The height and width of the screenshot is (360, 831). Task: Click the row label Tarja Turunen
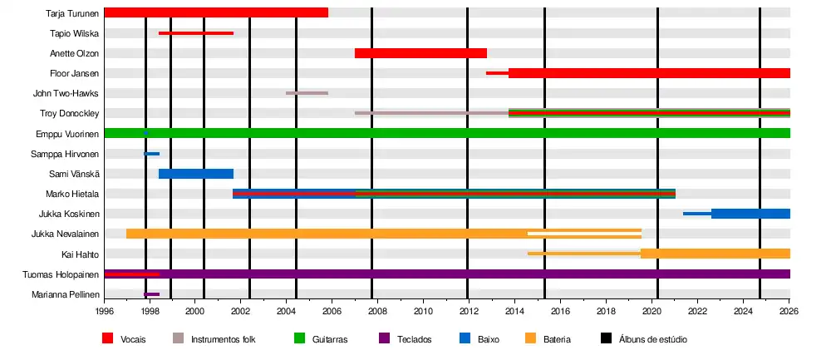click(x=73, y=13)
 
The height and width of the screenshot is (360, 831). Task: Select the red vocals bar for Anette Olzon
click(x=420, y=53)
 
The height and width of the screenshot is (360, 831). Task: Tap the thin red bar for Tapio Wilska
click(x=196, y=33)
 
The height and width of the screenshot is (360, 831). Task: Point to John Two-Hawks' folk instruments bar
click(x=307, y=93)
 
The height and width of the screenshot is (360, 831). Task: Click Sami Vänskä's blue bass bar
click(x=196, y=174)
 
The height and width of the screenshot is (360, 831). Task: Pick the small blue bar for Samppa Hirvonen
click(x=152, y=154)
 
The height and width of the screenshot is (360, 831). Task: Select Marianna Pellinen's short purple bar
click(x=151, y=294)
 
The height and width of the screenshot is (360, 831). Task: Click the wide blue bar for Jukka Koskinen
click(x=750, y=214)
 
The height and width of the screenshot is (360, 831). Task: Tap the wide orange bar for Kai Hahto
click(x=715, y=254)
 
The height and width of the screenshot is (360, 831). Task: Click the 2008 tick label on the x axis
click(x=378, y=313)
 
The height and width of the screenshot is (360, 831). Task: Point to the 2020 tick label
click(x=652, y=313)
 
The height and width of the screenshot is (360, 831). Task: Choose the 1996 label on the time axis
click(x=105, y=313)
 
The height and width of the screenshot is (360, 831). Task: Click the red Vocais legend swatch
click(x=107, y=338)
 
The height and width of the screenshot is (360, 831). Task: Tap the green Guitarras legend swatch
click(x=300, y=338)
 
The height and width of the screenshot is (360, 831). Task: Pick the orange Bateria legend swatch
click(x=531, y=338)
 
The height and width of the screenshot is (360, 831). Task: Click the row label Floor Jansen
click(x=75, y=73)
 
